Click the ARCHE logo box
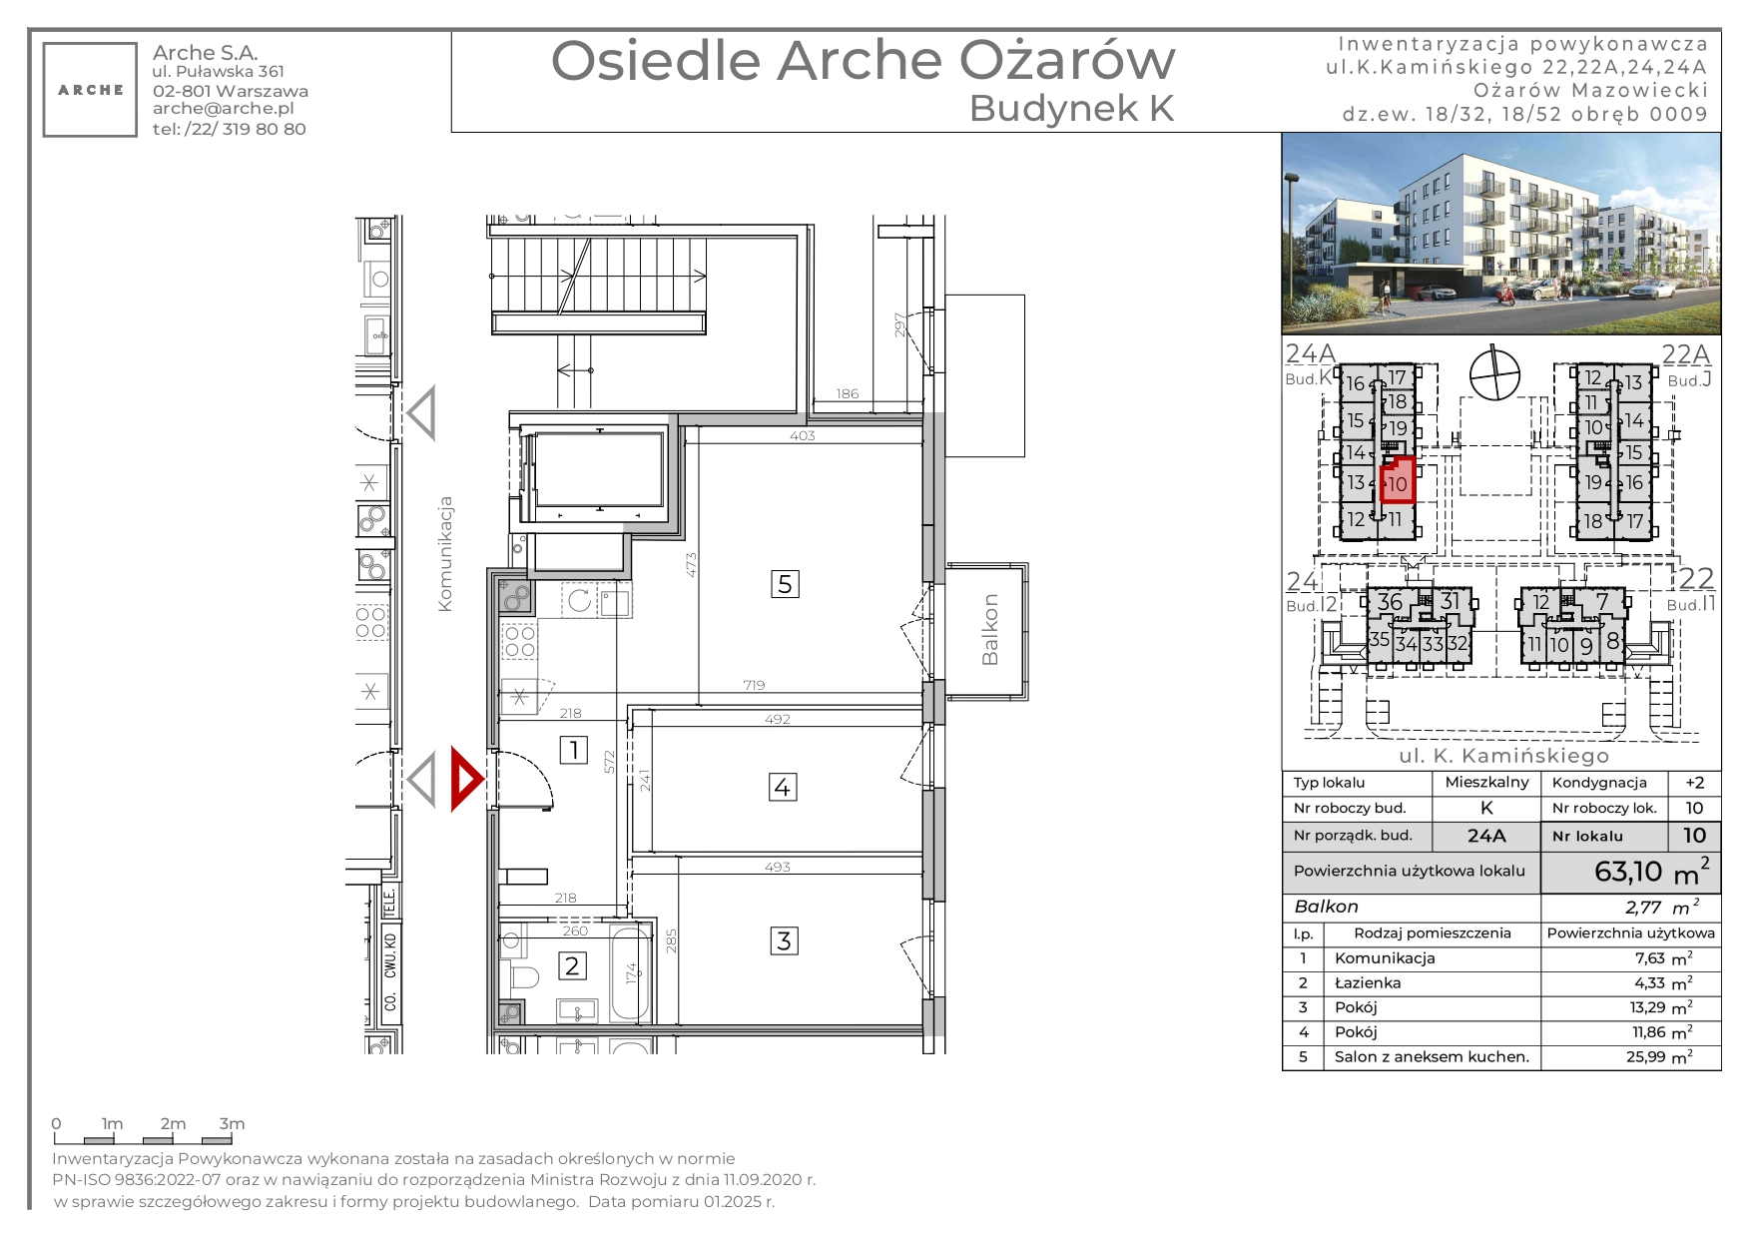pos(90,90)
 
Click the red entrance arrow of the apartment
pos(466,779)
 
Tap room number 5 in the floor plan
pos(785,584)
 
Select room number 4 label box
pos(783,787)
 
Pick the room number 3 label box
pos(784,940)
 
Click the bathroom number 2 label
pos(572,965)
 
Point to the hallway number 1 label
pos(573,750)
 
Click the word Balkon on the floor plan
pos(989,630)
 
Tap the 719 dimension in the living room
pos(754,685)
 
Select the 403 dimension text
pos(803,435)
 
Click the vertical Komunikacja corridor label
pos(445,554)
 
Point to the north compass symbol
pos(1494,373)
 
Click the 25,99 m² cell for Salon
pos(1659,1057)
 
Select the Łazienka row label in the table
pos(1368,983)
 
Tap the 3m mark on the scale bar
pos(232,1124)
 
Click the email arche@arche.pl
pos(224,109)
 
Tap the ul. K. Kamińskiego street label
pos(1503,756)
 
